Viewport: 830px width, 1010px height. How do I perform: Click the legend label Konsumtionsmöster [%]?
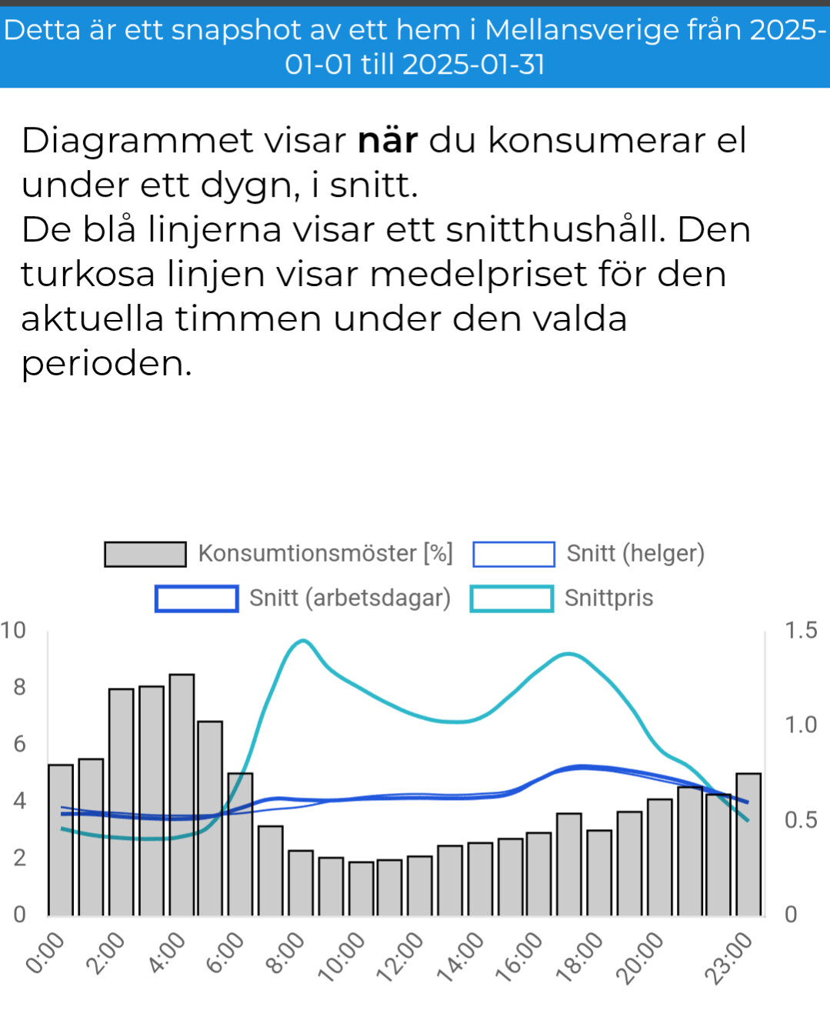pyautogui.click(x=325, y=553)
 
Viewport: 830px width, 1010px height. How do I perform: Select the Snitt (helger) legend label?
pyautogui.click(x=635, y=553)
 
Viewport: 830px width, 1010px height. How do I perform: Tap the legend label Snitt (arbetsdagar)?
pyautogui.click(x=350, y=598)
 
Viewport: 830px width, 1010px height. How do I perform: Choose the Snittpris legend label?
pyautogui.click(x=608, y=598)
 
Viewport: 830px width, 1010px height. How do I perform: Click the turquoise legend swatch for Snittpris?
pyautogui.click(x=512, y=598)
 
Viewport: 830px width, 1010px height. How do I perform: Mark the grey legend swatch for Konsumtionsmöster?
pyautogui.click(x=145, y=554)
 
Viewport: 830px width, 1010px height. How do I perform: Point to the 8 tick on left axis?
pyautogui.click(x=19, y=687)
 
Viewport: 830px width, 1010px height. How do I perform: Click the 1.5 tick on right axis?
pyautogui.click(x=801, y=631)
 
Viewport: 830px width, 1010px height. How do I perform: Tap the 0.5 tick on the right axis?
pyautogui.click(x=801, y=820)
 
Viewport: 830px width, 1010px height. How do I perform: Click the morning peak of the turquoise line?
pyautogui.click(x=304, y=640)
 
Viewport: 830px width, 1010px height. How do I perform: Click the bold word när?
pyautogui.click(x=388, y=140)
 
